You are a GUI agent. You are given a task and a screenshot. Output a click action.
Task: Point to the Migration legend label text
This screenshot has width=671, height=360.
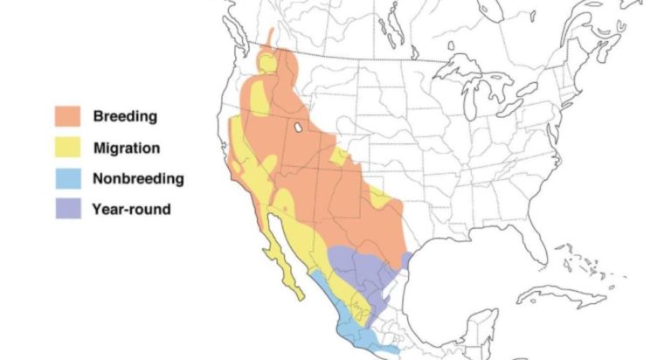[126, 148]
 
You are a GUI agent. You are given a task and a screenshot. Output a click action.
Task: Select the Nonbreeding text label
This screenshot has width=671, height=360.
[138, 179]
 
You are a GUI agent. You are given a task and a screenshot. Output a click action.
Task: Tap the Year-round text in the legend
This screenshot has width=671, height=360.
[131, 210]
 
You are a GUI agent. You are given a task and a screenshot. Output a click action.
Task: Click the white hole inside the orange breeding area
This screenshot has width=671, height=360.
[299, 128]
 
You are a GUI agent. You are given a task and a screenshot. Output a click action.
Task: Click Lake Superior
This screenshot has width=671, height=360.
[463, 65]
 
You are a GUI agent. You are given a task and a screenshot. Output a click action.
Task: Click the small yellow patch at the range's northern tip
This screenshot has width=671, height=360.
[265, 62]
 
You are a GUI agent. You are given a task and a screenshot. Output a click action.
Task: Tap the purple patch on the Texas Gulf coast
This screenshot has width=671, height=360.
[407, 260]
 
